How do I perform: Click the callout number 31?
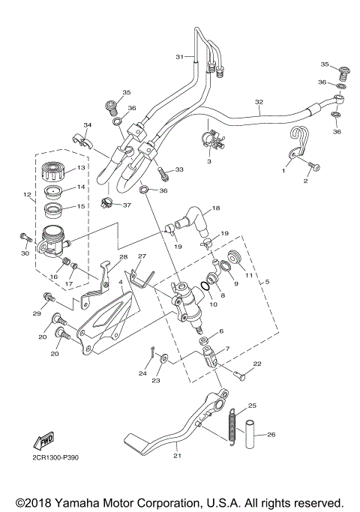tap(179, 57)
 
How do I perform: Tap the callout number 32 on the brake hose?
tap(259, 102)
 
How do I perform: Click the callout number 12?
tap(28, 196)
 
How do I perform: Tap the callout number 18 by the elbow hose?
tap(216, 208)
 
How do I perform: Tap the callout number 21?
tap(177, 454)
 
